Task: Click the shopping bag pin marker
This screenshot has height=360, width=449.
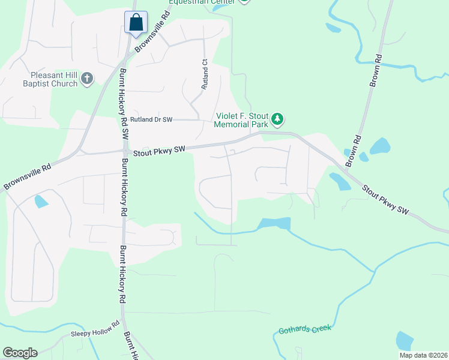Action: [136, 23]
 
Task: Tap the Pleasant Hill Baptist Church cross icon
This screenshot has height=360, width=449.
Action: [87, 78]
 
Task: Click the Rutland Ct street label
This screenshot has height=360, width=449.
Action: [204, 74]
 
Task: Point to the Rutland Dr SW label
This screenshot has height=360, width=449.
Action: [151, 120]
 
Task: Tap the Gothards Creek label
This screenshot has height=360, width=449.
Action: [304, 329]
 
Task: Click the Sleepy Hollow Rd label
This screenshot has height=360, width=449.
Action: [92, 333]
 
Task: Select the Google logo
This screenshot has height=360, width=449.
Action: [20, 353]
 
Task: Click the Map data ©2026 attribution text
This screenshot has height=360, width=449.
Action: [423, 355]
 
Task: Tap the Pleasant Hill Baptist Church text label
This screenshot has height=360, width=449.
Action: [54, 80]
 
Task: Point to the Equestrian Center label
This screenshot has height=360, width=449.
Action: [202, 2]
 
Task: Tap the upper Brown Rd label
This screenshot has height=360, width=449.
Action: [376, 71]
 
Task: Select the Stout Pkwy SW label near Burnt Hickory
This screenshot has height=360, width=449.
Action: [158, 150]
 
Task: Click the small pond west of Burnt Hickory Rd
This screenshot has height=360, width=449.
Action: [41, 202]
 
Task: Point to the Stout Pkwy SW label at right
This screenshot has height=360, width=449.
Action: [384, 198]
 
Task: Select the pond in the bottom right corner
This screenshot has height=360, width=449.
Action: [405, 341]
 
